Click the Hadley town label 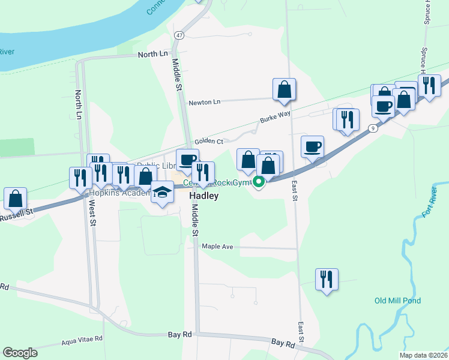pyautogui.click(x=203, y=196)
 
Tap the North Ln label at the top pyautogui.click(x=153, y=54)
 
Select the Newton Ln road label pyautogui.click(x=205, y=102)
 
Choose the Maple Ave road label pyautogui.click(x=217, y=247)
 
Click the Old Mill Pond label pyautogui.click(x=397, y=301)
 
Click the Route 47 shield pyautogui.click(x=179, y=35)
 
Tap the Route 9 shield pyautogui.click(x=373, y=128)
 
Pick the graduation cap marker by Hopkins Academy pyautogui.click(x=161, y=192)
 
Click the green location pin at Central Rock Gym pyautogui.click(x=259, y=181)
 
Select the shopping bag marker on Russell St pyautogui.click(x=15, y=199)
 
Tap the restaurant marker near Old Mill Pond pyautogui.click(x=327, y=279)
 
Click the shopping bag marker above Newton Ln pyautogui.click(x=284, y=89)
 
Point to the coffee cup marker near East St pyautogui.click(x=312, y=146)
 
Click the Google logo pyautogui.click(x=20, y=353)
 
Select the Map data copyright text pyautogui.click(x=423, y=355)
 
